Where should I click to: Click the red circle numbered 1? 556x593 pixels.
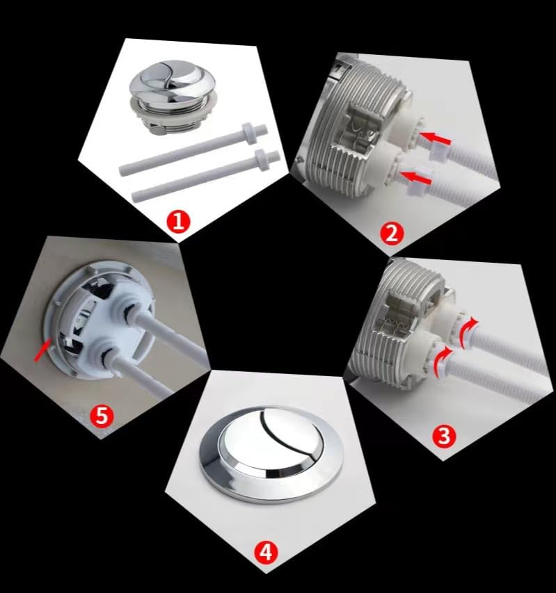[x=178, y=221]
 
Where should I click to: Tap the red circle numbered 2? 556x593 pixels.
[x=391, y=234]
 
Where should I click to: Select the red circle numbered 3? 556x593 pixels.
[x=444, y=436]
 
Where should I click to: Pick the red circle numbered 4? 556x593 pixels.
[x=266, y=552]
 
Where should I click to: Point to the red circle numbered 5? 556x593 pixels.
[x=102, y=416]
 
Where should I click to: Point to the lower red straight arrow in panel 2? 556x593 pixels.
[x=416, y=178]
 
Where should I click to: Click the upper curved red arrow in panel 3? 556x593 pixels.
[x=468, y=332]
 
